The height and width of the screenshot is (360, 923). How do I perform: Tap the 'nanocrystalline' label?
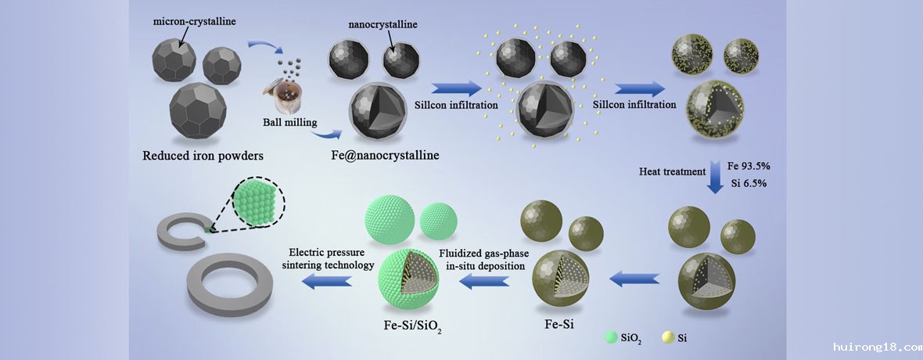click(x=382, y=25)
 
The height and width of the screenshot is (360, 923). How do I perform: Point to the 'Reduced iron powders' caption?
click(x=203, y=155)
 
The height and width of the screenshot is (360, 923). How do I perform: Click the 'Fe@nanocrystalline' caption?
click(x=386, y=155)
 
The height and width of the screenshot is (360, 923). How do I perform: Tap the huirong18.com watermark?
click(x=875, y=346)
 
